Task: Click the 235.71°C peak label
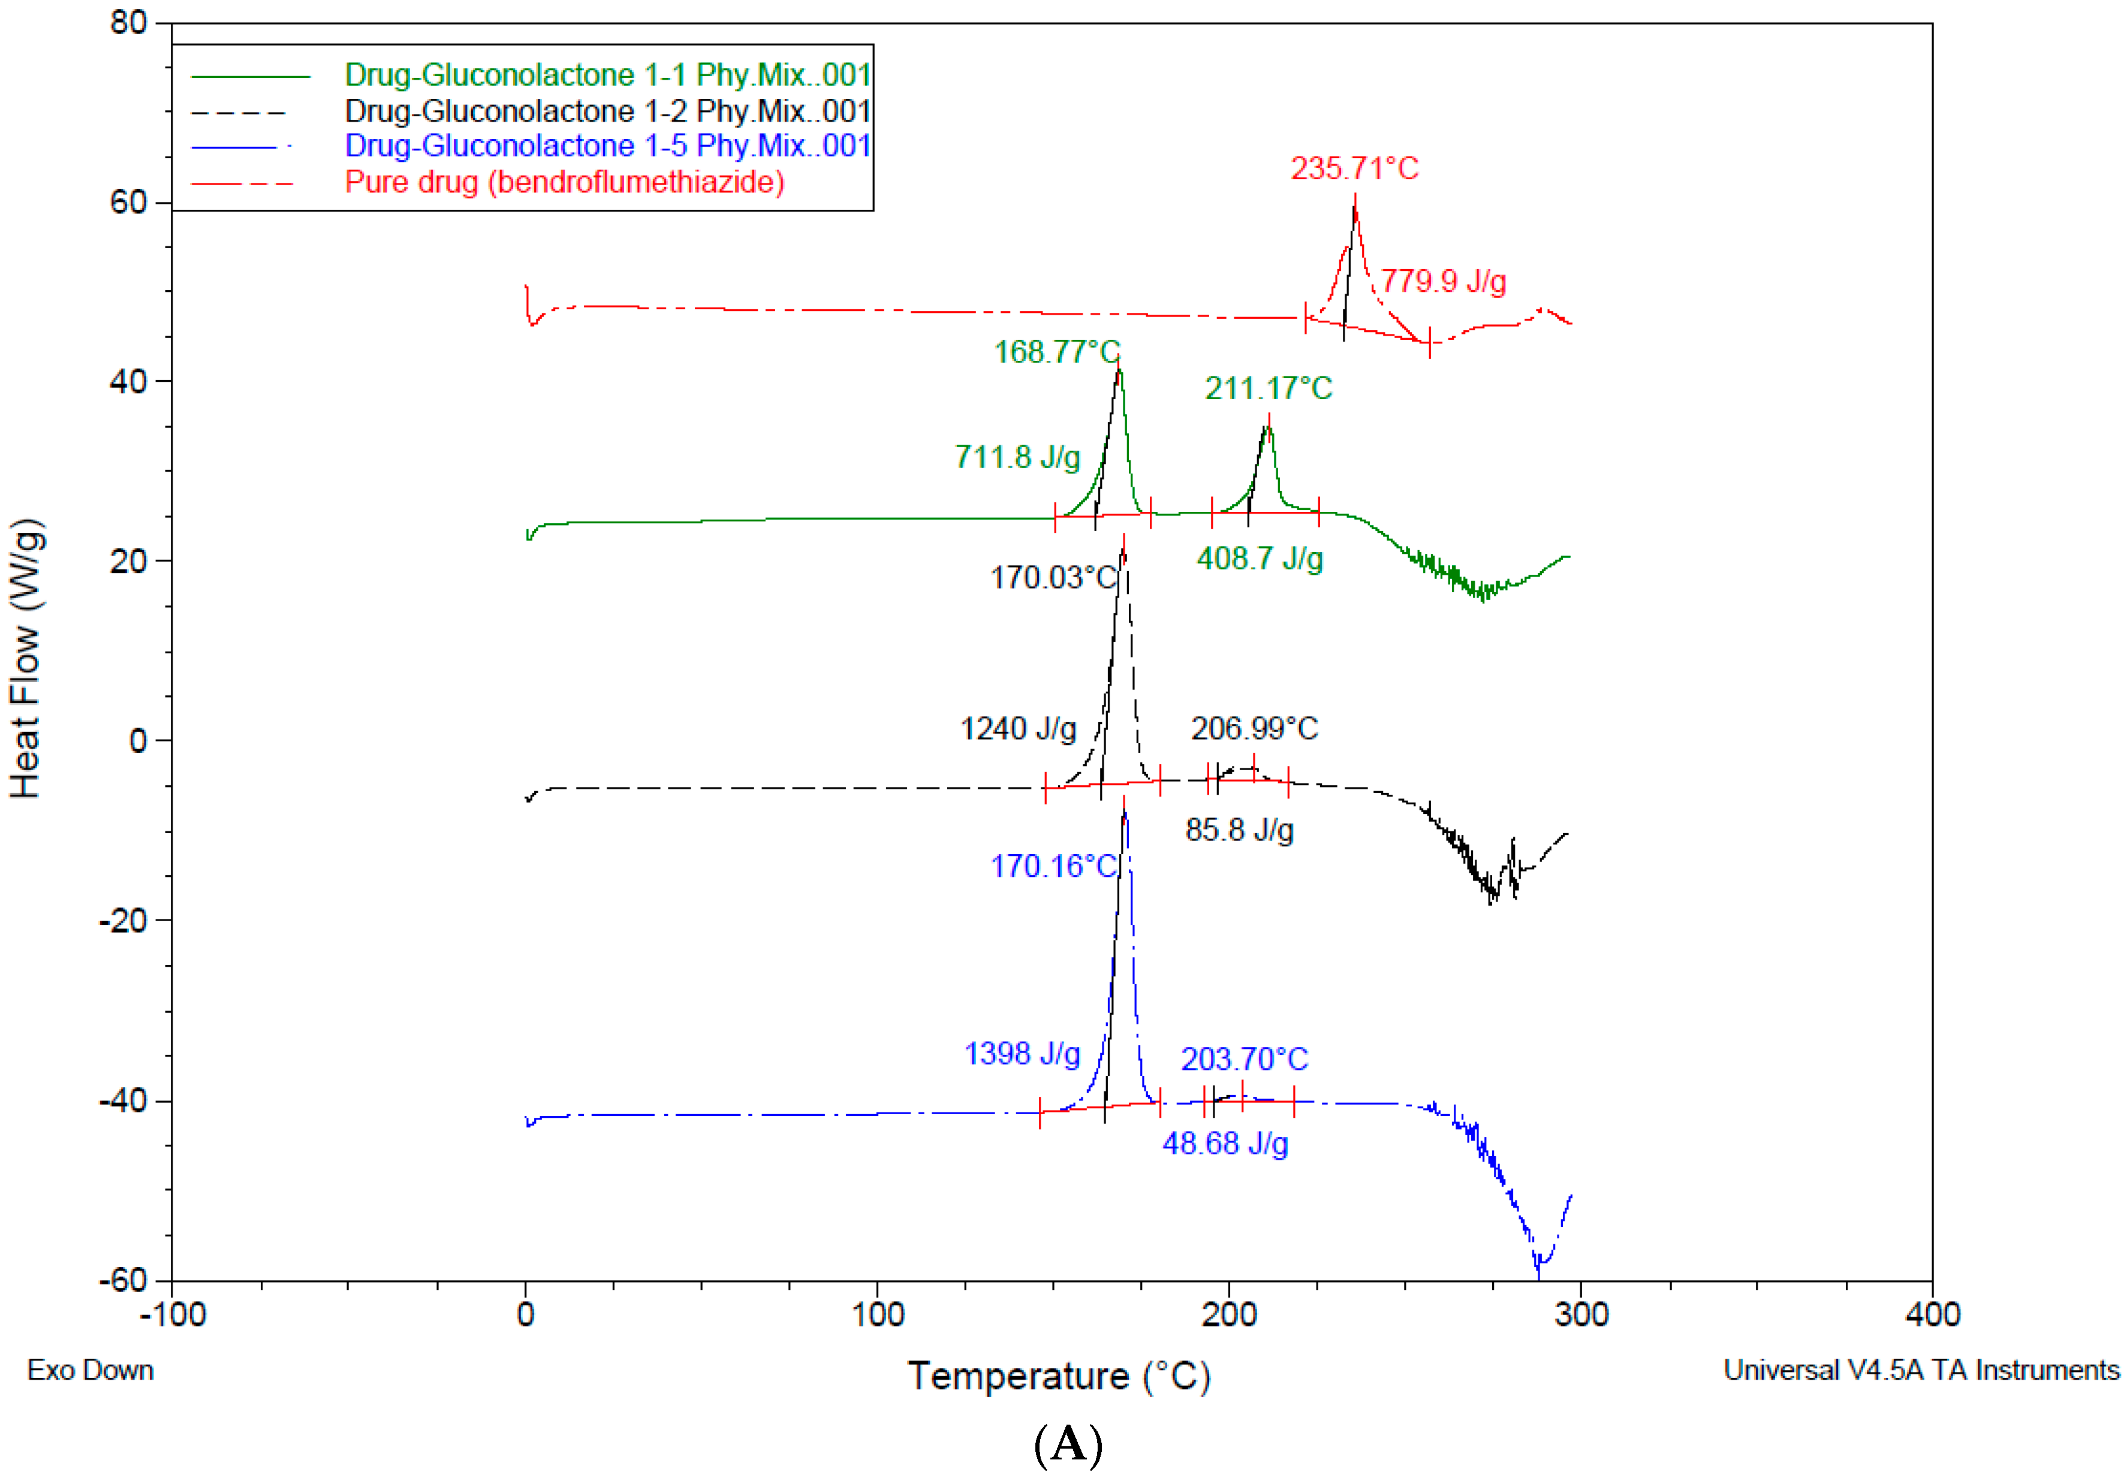coord(1354,168)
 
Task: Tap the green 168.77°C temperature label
coord(1056,352)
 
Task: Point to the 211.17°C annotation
coord(1267,388)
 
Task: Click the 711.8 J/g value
coord(1017,457)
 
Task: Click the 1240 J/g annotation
coord(1017,729)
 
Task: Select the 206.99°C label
coord(1254,729)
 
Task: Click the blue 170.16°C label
coord(1053,866)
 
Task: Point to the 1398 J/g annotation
coord(1022,1054)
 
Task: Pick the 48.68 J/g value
coord(1225,1144)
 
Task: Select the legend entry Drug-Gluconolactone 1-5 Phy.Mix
coord(607,146)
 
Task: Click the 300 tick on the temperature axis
coord(1580,1314)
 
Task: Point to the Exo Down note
coord(90,1370)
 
